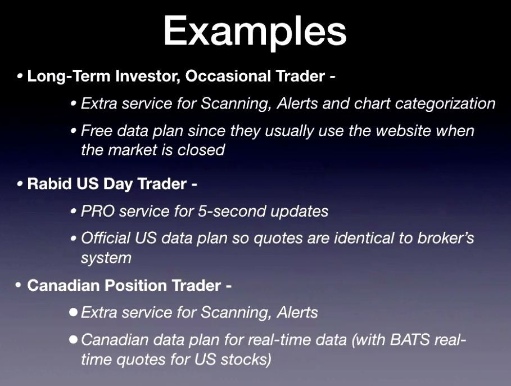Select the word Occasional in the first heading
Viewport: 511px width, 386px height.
pos(228,76)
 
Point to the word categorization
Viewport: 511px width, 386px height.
pos(445,104)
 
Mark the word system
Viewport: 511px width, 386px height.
pos(106,258)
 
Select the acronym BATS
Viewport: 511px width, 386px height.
pos(410,340)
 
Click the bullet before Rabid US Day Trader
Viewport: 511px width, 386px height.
pos(20,184)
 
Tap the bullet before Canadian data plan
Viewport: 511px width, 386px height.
pos(73,340)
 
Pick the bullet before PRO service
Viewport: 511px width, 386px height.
pos(74,212)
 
